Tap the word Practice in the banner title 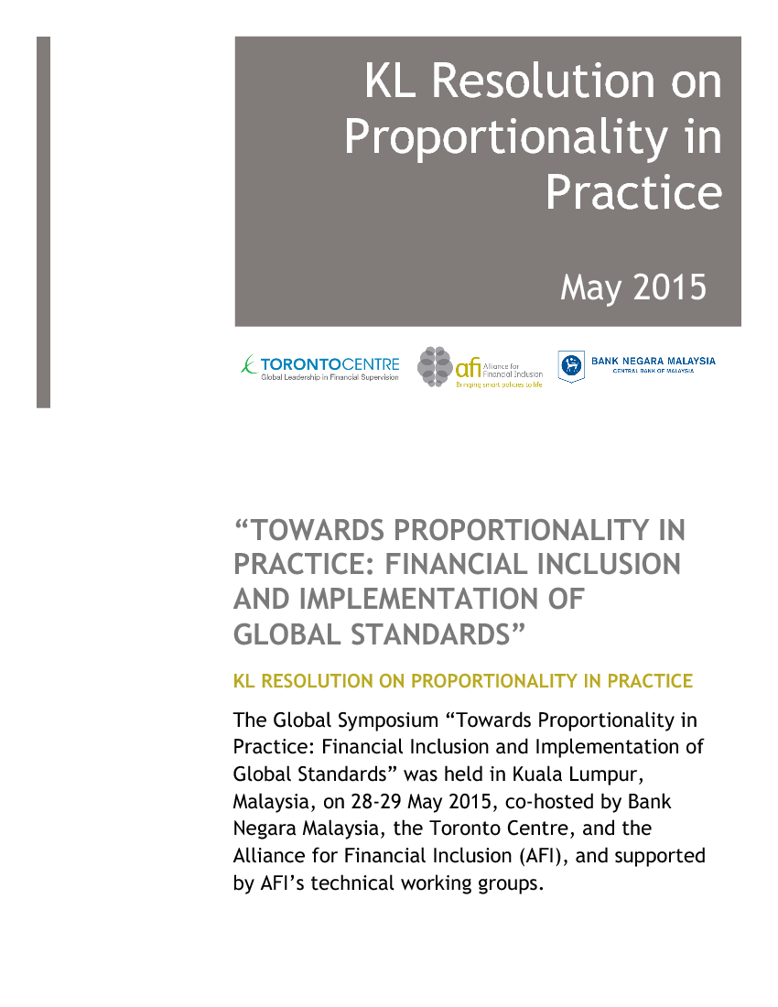(x=633, y=192)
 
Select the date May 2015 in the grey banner (x=633, y=287)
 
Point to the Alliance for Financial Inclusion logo (x=480, y=368)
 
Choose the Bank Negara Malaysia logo (x=637, y=365)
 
